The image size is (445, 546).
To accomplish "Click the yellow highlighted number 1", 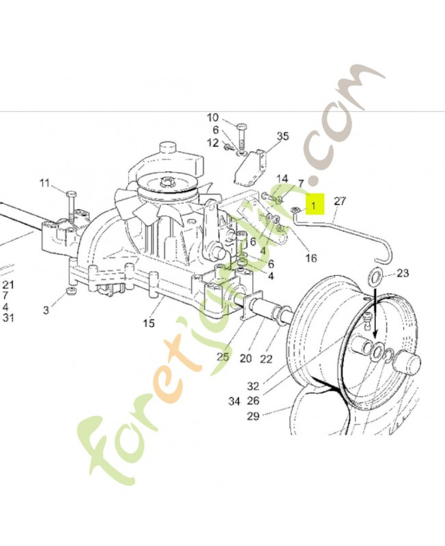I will point(315,203).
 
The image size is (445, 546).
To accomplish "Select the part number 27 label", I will point(340,201).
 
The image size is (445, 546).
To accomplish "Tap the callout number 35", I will point(283,136).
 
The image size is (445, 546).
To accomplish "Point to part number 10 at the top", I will point(213,117).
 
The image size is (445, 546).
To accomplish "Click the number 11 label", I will point(44,183).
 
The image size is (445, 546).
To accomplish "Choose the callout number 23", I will point(403,273).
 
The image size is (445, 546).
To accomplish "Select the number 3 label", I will point(46,311).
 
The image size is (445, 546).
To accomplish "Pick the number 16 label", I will point(311,258).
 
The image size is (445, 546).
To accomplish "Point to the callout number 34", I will point(234,401).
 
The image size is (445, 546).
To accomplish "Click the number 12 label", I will point(213,143).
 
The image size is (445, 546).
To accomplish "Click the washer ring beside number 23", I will point(375,277).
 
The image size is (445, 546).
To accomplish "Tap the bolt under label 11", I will point(71,203).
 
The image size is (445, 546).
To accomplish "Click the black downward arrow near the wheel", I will point(375,321).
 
